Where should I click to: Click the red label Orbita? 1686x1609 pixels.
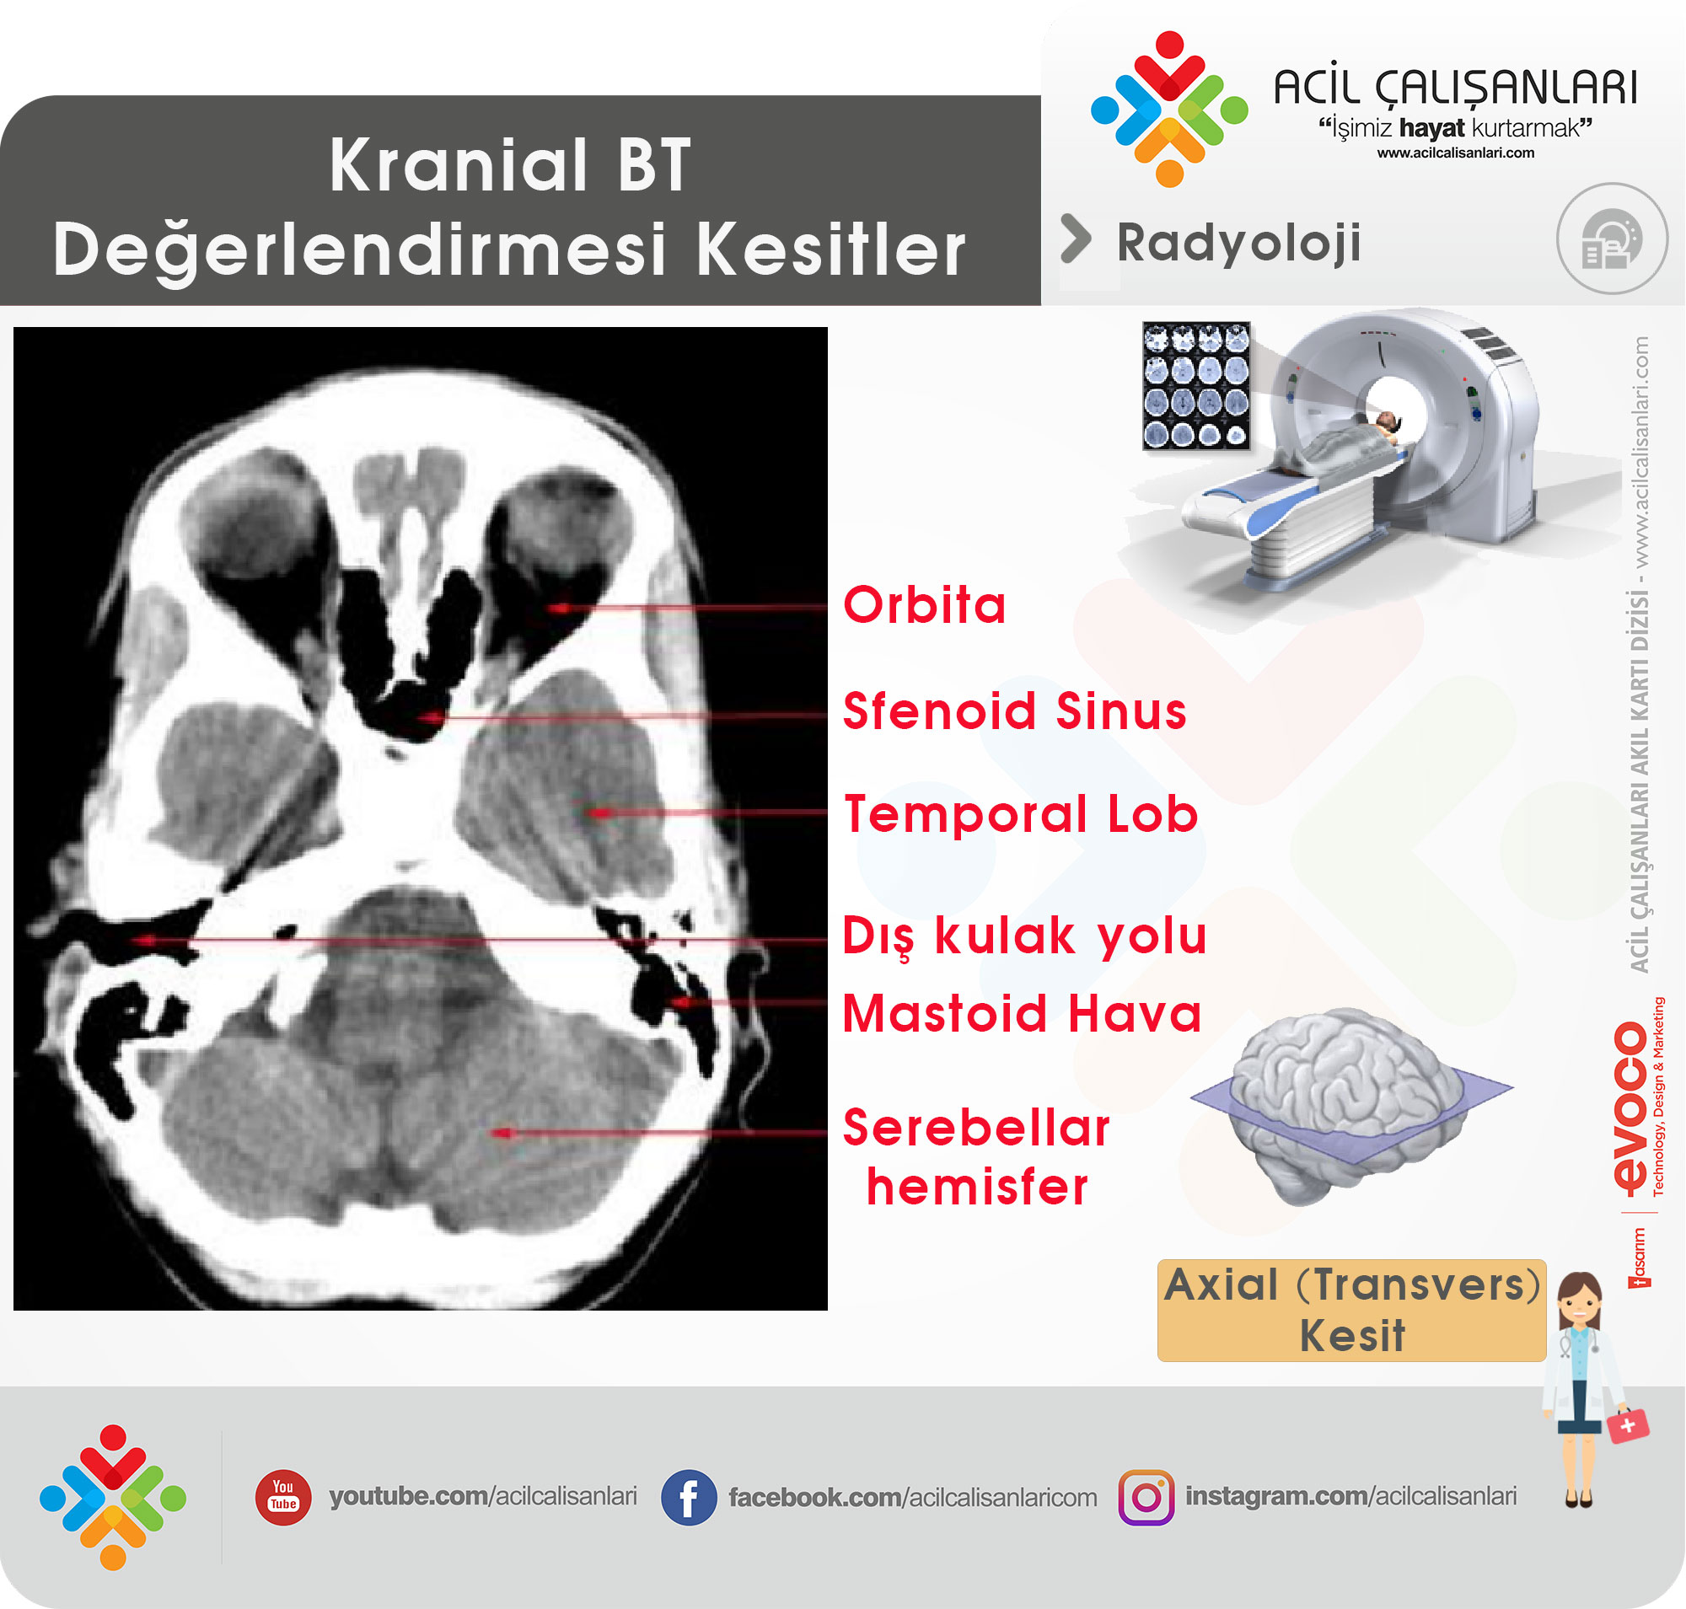click(924, 604)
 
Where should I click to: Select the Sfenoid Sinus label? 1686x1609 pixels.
click(1014, 711)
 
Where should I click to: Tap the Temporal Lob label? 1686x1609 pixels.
click(1021, 813)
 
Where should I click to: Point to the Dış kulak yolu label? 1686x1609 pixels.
click(1024, 936)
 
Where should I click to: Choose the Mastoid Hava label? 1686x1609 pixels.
click(1022, 1014)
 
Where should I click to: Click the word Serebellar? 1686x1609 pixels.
click(976, 1128)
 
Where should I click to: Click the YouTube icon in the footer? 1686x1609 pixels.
click(283, 1497)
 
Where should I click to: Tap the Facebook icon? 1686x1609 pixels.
click(688, 1498)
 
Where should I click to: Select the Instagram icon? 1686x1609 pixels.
click(1146, 1498)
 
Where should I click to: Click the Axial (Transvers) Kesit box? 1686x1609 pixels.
click(1351, 1311)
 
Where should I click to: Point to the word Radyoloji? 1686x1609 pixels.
click(1238, 243)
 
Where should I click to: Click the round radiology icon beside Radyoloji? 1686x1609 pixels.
click(1612, 239)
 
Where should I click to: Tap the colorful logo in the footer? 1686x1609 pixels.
click(112, 1498)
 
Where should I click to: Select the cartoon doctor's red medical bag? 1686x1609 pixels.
click(1627, 1425)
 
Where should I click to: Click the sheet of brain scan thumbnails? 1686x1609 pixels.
click(1196, 386)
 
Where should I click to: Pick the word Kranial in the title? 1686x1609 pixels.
click(459, 164)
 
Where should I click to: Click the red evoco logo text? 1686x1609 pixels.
click(1630, 1108)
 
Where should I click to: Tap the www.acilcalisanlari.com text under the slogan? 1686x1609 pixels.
click(1455, 153)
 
